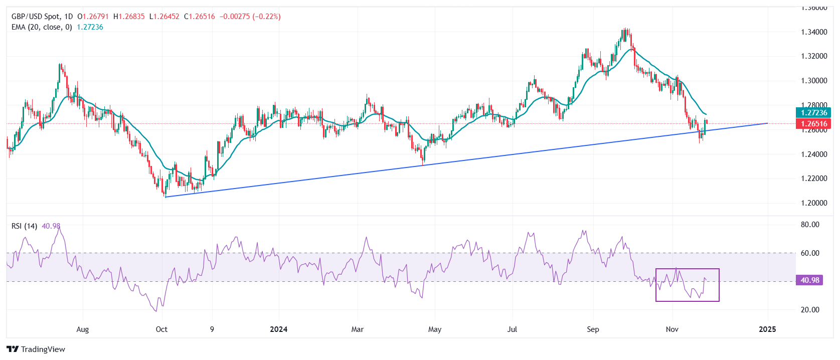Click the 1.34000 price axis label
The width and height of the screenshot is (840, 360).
tap(814, 32)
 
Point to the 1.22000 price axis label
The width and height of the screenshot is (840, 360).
tap(814, 178)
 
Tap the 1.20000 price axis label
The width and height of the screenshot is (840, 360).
tap(814, 203)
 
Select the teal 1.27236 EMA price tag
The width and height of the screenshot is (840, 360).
tap(813, 113)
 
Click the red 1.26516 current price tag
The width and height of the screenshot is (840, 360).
tap(813, 124)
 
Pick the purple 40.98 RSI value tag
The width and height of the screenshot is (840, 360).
tap(810, 280)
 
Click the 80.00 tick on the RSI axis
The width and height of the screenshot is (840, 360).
tap(810, 225)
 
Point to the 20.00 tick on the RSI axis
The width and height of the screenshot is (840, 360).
tap(810, 310)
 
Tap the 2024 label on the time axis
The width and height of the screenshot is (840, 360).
tap(278, 329)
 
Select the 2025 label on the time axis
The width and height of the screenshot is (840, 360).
tap(767, 329)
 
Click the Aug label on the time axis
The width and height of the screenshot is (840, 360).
tap(83, 329)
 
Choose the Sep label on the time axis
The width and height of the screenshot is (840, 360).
tap(593, 329)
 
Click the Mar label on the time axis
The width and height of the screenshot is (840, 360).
tap(357, 329)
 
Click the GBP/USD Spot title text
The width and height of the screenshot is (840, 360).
tap(35, 17)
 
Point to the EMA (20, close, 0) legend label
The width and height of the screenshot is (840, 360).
tap(42, 27)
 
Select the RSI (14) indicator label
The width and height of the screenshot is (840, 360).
tap(24, 226)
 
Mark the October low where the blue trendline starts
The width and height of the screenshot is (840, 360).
tap(165, 197)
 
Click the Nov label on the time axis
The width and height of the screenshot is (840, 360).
tap(672, 329)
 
